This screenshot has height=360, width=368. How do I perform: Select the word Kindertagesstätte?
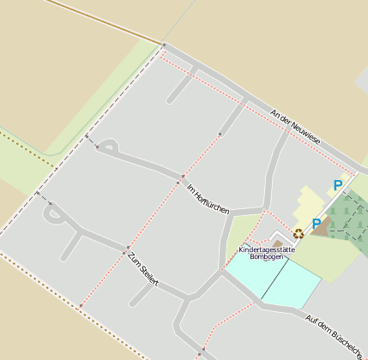(267, 249)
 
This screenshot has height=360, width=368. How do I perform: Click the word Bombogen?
(266, 257)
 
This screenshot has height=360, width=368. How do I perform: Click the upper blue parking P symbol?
(337, 184)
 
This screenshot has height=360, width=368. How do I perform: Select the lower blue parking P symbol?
(317, 224)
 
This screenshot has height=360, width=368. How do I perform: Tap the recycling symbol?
(299, 233)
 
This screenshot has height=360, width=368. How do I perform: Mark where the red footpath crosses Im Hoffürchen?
(181, 180)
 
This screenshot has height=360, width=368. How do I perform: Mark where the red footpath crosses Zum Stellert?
(127, 249)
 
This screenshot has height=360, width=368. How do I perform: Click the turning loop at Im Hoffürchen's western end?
(108, 147)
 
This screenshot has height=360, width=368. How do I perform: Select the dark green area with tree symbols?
(348, 215)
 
